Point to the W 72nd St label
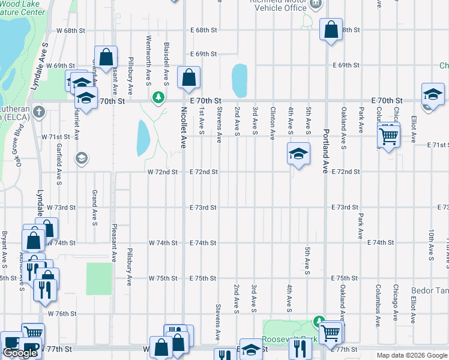coord(163,172)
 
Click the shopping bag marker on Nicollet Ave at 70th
coord(189,77)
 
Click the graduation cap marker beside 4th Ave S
coord(298,154)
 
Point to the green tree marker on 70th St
coord(158,97)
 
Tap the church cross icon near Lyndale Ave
coord(40,111)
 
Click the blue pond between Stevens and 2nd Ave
coord(240,80)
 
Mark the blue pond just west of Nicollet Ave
coord(143,137)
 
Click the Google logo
coord(20,353)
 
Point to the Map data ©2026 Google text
coord(411,355)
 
